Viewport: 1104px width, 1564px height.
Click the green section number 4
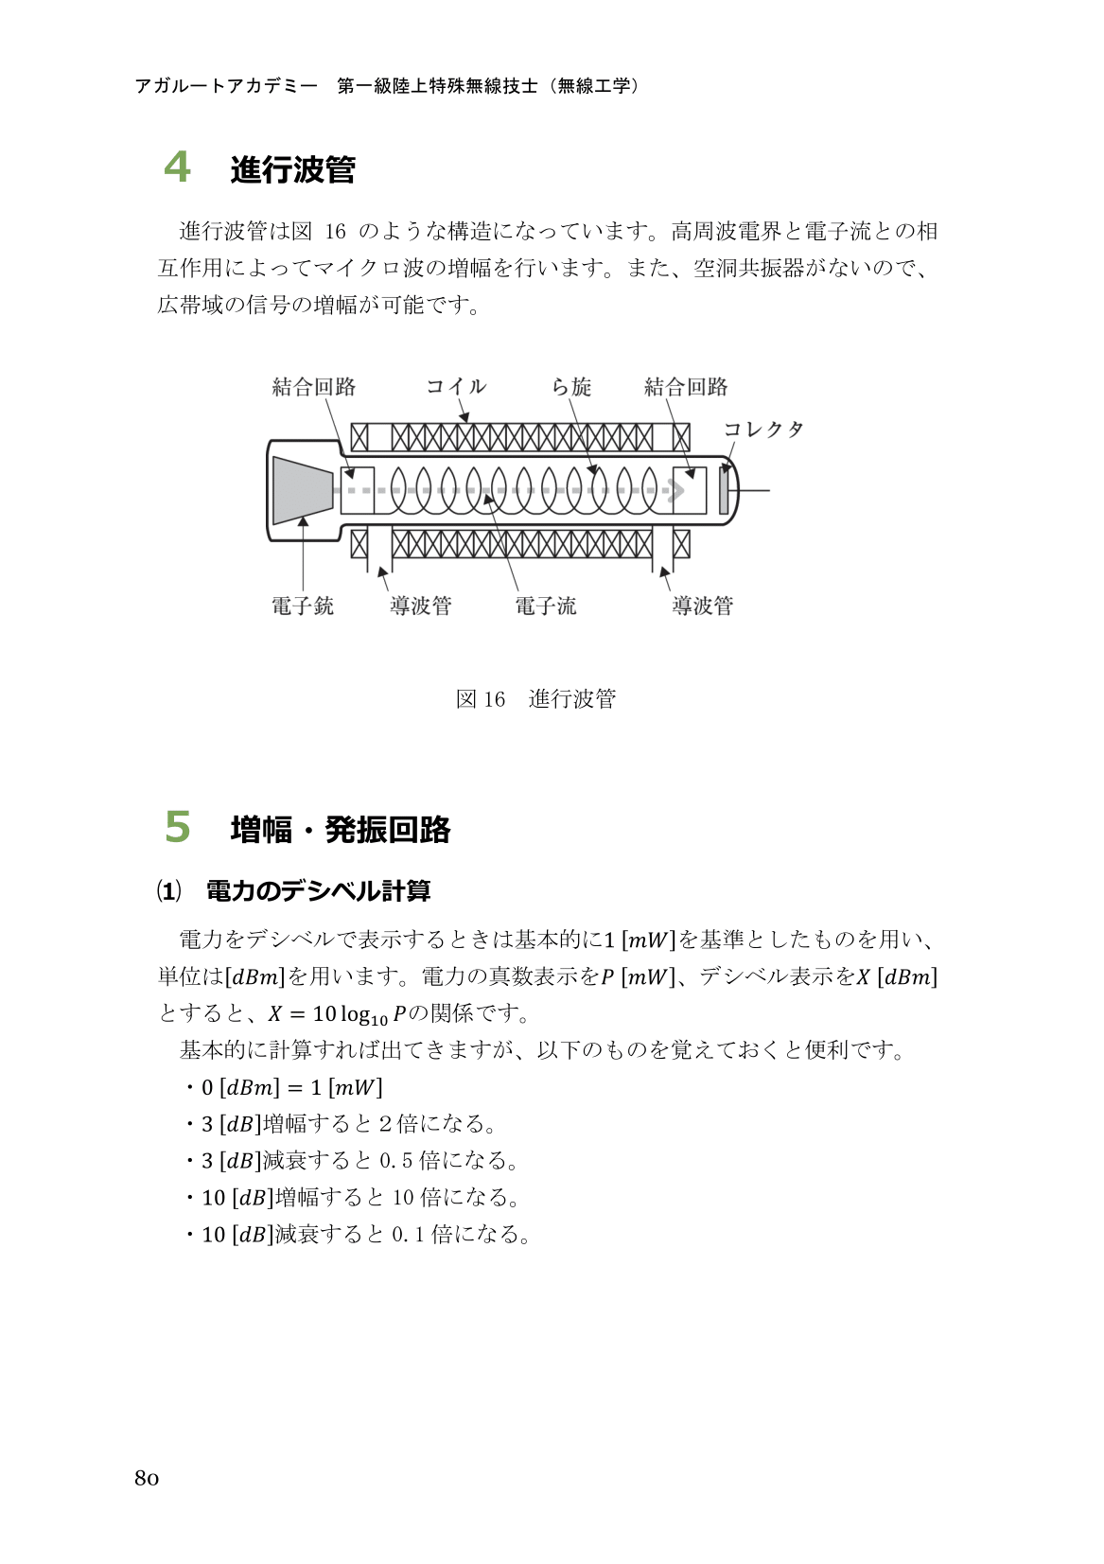coord(177,167)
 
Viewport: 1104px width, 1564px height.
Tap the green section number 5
coord(177,827)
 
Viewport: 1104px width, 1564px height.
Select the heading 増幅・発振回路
coord(341,830)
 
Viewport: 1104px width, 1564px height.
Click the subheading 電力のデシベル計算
coord(318,891)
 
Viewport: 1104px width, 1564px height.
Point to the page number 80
coord(147,1479)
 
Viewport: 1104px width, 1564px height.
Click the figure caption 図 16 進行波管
coord(535,699)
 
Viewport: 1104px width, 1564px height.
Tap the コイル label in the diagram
coord(456,386)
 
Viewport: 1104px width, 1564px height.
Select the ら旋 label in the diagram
coord(571,386)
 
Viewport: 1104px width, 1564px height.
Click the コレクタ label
coord(763,430)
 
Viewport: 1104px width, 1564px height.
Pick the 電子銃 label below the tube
coord(303,606)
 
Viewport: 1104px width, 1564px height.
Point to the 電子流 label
coord(546,606)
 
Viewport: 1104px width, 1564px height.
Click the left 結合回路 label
coord(314,386)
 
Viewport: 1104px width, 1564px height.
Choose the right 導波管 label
coord(703,606)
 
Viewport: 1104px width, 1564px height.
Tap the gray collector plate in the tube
coord(724,491)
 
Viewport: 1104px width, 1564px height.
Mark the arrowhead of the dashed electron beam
coord(676,490)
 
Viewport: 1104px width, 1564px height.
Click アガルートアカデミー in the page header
coord(226,86)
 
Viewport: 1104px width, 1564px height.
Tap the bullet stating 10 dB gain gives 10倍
coord(360,1198)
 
